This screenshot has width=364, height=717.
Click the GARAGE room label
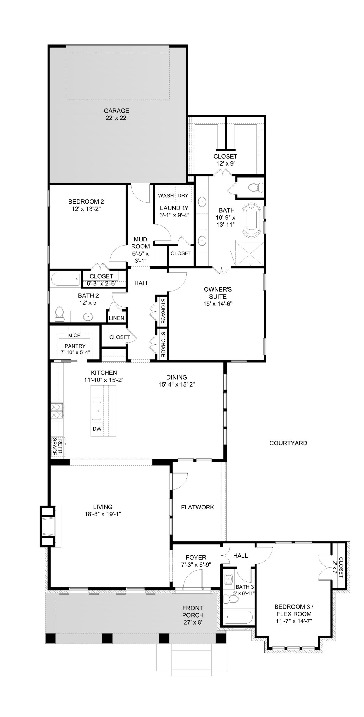click(116, 111)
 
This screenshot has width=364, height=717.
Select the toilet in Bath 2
click(59, 314)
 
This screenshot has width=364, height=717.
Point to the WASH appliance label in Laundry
click(166, 195)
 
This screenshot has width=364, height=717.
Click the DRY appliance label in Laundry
click(183, 195)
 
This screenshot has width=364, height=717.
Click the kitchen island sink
click(97, 411)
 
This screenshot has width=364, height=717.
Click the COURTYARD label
click(288, 443)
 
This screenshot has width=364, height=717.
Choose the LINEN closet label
click(116, 318)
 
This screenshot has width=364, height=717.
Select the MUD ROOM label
click(141, 243)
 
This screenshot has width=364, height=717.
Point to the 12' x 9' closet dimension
click(225, 164)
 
